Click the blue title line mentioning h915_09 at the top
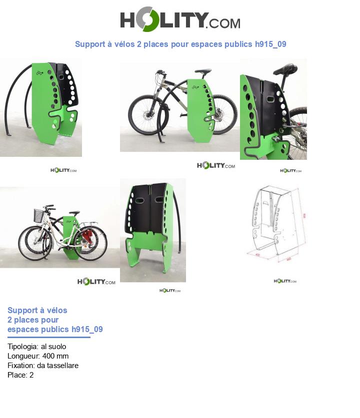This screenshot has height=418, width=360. coord(180,44)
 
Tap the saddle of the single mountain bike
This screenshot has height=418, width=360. coord(202,71)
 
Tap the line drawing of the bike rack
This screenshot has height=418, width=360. coord(272,222)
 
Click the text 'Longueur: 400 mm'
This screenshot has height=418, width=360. coord(38,356)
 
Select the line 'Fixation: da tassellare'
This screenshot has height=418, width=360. coord(43,366)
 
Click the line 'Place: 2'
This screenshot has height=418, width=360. coord(20,375)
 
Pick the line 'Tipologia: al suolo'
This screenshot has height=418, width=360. coord(37,347)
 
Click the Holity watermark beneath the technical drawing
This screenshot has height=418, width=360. coord(285,281)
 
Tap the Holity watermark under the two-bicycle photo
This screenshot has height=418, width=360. coord(96,282)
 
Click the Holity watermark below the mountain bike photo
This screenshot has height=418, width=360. coord(215,166)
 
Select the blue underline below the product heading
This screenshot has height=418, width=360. coord(49,337)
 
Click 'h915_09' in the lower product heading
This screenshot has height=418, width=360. coord(87,330)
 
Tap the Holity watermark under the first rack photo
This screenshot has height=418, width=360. coord(63,170)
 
